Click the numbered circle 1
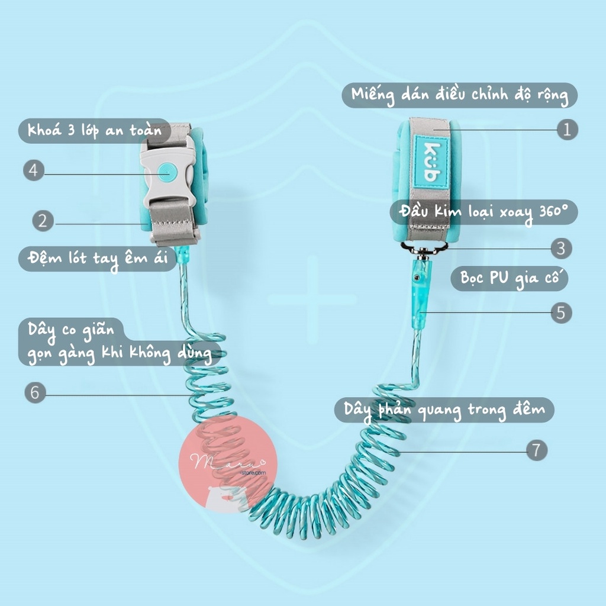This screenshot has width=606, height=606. pos(567,130)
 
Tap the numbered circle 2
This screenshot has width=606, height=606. pos(43,222)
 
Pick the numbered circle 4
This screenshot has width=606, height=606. pos(34,170)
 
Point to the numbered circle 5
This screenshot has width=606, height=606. pos(561,312)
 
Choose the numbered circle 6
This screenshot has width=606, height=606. pos(36,392)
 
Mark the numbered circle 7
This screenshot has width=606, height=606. pos(537,450)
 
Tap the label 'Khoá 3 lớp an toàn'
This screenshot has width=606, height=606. pos(95,131)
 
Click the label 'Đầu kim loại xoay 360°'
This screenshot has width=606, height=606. pos(483,212)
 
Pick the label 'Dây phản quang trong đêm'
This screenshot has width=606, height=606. pos(444,410)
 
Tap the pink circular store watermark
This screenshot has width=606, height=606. pos(227,463)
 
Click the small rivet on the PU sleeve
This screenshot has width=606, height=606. pos(419,277)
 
